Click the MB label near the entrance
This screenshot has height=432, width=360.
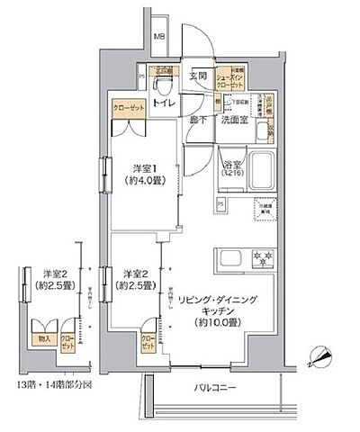click(x=159, y=37)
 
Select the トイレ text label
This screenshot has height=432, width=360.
click(x=164, y=104)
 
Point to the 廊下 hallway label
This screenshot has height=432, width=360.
click(x=199, y=120)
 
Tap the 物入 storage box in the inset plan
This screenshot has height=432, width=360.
click(x=40, y=338)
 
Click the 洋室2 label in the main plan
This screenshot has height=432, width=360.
click(x=136, y=279)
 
